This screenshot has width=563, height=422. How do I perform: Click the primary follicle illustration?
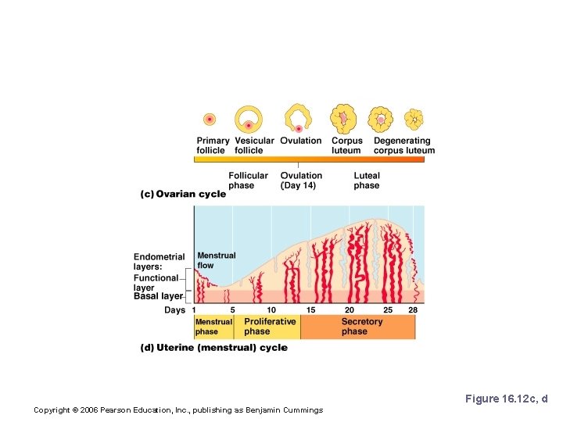point(210,120)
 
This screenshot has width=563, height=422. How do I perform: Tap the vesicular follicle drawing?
point(249,120)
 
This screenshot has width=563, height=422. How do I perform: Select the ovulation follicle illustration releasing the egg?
point(298,119)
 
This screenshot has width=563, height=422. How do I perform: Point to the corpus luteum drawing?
point(343,119)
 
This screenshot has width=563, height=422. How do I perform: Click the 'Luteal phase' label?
point(367,181)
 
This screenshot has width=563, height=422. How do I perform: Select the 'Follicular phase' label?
point(248,181)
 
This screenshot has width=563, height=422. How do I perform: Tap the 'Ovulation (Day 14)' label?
point(301,181)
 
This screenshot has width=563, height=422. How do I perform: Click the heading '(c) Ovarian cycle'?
point(183,194)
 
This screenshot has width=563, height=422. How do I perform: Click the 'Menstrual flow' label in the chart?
point(216,260)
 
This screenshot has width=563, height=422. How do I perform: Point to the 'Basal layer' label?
point(158,296)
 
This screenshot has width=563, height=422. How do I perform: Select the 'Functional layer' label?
point(156,283)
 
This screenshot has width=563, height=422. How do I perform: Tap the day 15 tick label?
point(310,310)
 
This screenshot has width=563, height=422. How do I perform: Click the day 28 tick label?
point(412,310)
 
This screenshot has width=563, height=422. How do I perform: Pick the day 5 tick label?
point(232,310)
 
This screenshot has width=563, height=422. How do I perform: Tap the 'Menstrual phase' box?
point(213,327)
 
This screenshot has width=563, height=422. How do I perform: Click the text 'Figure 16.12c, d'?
point(506,399)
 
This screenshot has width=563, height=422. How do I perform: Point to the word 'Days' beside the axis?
point(174,310)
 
